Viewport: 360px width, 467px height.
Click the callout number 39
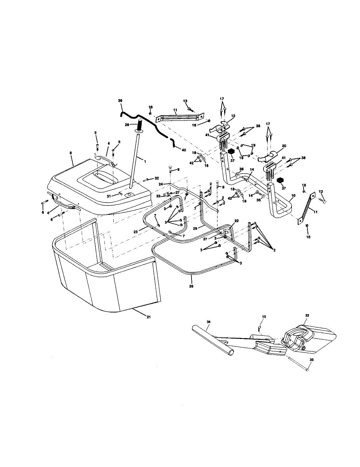point(120,101)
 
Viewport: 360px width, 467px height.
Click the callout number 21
point(148,317)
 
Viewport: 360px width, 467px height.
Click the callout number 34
point(209,322)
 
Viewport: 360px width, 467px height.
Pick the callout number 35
point(311,360)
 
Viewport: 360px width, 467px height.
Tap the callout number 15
point(264,317)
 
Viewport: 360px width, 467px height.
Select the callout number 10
point(293,194)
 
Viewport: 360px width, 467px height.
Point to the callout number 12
point(234,116)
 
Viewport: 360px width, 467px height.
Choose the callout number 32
point(157,178)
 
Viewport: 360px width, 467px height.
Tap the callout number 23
point(135,232)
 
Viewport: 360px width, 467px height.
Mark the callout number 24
point(160,184)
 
